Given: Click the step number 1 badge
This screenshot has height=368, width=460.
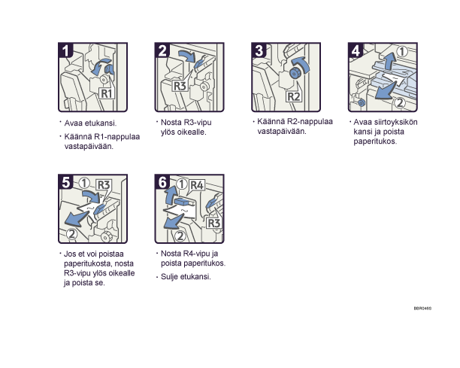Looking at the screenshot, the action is coord(65,50).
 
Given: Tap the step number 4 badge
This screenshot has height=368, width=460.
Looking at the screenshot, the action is coord(356,50).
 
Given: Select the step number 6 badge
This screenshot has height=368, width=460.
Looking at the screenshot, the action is coord(162,182).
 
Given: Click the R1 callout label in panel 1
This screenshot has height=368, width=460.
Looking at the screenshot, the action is coord(106,93).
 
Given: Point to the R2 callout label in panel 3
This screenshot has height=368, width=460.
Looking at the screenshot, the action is coord(294,96).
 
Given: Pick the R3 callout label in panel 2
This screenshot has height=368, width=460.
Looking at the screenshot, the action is coord(180,86).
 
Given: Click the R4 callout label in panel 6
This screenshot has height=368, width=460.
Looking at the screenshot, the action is coord(197,185).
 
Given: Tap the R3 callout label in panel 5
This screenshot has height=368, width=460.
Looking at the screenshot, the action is coord(103,185).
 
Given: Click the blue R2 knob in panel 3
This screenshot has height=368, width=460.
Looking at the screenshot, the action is coord(294,73).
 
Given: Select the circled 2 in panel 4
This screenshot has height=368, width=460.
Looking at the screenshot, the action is coord(400,102).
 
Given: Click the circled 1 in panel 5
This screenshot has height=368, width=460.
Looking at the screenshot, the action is coord(84,184).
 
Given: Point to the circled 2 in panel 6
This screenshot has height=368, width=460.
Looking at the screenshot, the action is coord(180,236).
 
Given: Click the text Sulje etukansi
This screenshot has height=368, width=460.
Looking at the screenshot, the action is coord(186,277).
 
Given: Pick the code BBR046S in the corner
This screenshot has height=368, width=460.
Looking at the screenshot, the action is coord(422,309).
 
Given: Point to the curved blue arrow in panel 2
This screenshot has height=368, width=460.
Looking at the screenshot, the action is coord(186,56).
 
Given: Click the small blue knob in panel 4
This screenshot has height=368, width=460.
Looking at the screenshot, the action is coord(362,103).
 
